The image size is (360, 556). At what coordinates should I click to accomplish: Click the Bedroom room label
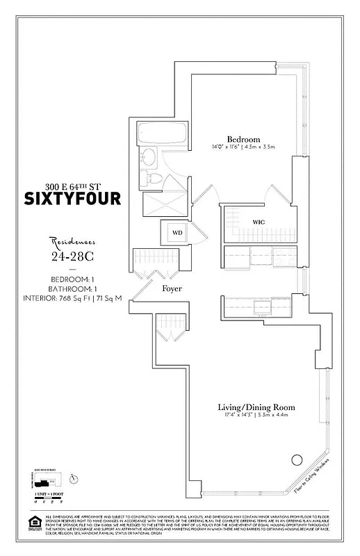click(x=242, y=138)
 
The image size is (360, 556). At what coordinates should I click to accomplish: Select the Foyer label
click(x=172, y=288)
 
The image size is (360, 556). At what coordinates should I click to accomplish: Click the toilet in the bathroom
click(x=157, y=180)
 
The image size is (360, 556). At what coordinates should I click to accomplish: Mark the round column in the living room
click(x=297, y=459)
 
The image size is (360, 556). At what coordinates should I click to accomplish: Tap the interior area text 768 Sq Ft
click(x=72, y=299)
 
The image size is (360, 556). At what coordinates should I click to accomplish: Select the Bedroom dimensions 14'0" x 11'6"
click(x=242, y=147)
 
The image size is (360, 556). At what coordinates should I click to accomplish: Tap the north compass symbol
click(x=74, y=477)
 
